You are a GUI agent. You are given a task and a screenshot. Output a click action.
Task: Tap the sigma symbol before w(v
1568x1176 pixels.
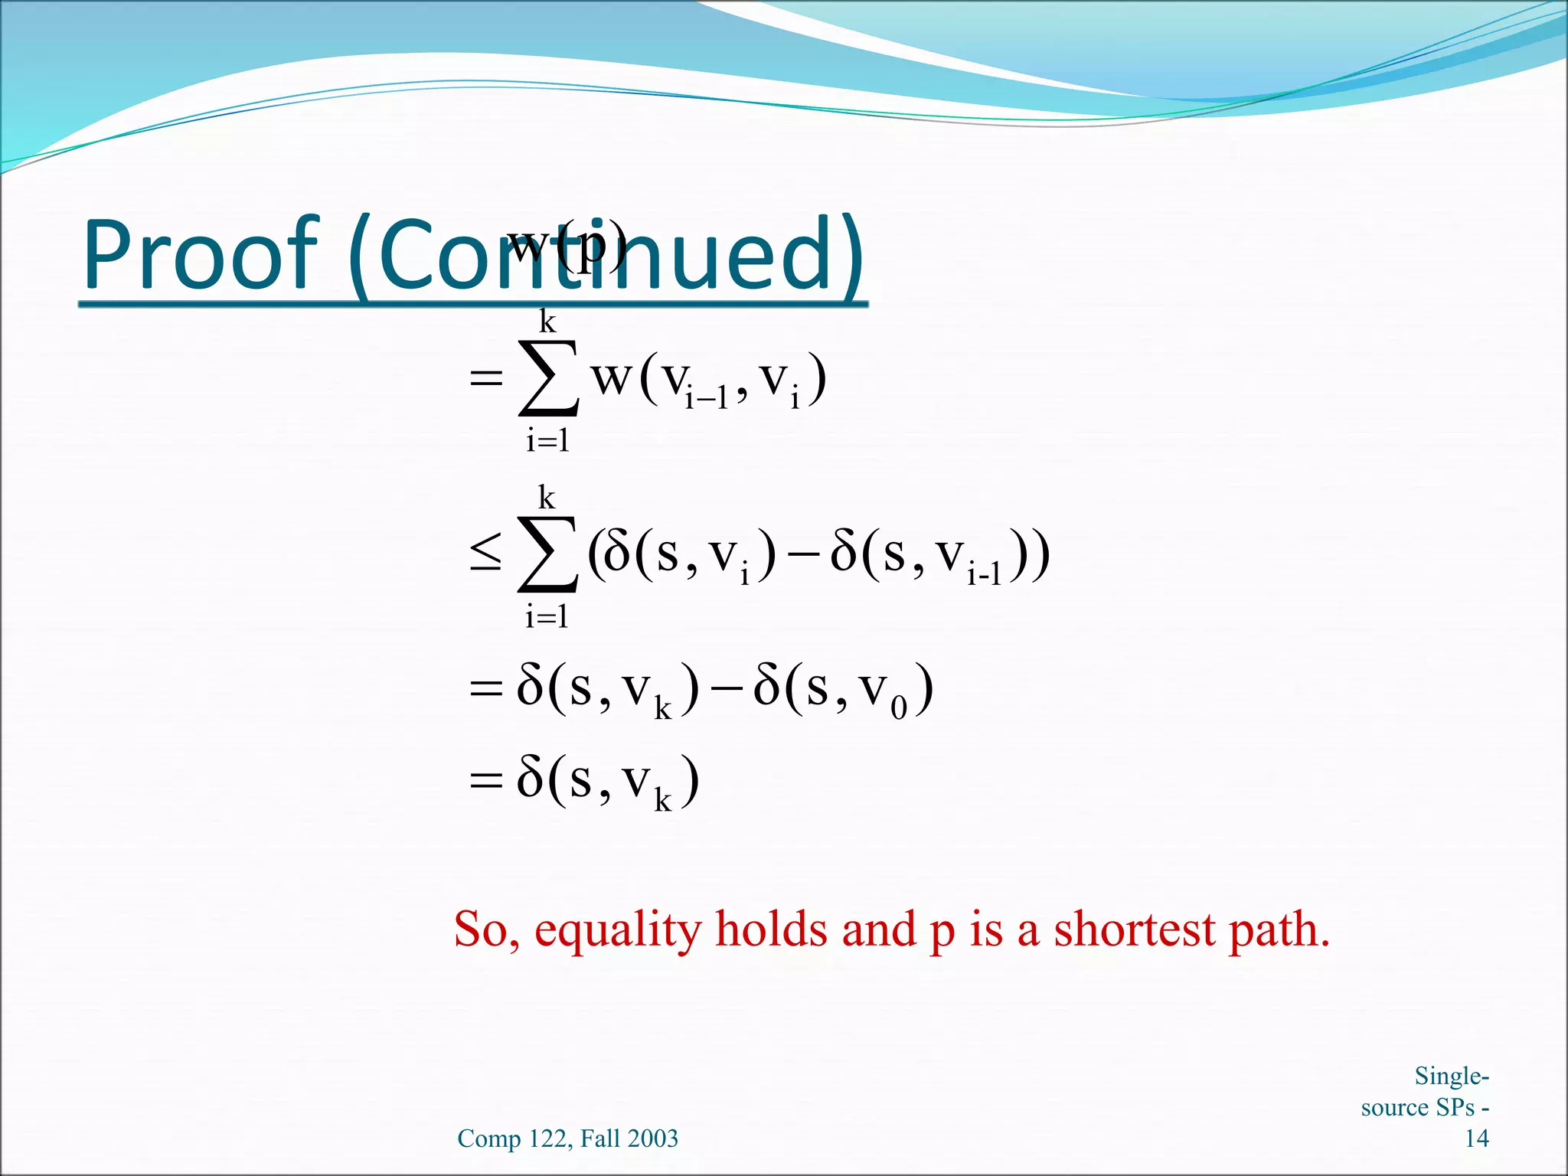(548, 378)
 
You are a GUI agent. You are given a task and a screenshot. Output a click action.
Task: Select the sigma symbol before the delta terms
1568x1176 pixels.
(547, 554)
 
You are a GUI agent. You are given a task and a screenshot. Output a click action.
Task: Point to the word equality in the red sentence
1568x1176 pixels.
(617, 930)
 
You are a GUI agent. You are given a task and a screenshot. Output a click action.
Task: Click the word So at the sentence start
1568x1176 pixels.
(485, 929)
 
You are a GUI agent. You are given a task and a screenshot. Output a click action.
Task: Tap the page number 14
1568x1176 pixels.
(1476, 1138)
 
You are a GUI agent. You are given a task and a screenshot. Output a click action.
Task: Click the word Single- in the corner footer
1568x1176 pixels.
(1451, 1076)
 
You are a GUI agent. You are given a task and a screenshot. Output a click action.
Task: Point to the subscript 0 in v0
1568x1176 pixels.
(899, 709)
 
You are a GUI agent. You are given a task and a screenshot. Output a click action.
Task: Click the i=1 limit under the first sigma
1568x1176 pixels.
(547, 441)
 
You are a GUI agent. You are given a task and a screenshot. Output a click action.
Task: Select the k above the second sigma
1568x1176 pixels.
(546, 498)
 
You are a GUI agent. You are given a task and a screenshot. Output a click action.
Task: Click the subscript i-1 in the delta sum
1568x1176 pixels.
(984, 574)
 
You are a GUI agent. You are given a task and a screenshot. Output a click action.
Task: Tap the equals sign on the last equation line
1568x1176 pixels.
(485, 781)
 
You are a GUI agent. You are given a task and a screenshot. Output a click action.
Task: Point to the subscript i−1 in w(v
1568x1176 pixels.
(705, 399)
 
